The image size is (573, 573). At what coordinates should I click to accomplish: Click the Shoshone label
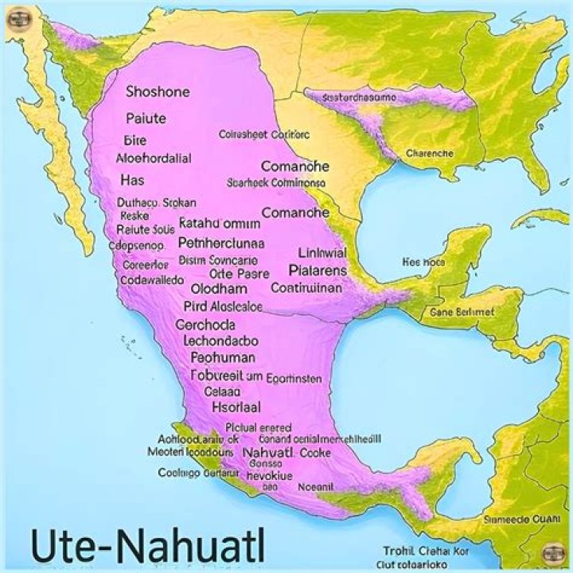coord(158,92)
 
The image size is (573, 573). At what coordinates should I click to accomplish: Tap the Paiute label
coord(146,119)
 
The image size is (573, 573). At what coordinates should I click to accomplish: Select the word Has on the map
coord(132,181)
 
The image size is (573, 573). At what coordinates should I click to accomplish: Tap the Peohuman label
coord(224,358)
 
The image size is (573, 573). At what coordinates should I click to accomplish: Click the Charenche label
coord(430,153)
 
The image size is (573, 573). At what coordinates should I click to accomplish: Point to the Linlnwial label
coord(322,254)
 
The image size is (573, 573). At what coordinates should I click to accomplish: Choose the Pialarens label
coord(322,271)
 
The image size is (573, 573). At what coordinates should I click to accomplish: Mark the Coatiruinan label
coord(306,288)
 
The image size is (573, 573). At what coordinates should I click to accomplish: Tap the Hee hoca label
coord(423,261)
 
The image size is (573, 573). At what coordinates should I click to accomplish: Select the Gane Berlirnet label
coord(462,313)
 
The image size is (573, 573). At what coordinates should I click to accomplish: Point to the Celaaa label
coord(222,391)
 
